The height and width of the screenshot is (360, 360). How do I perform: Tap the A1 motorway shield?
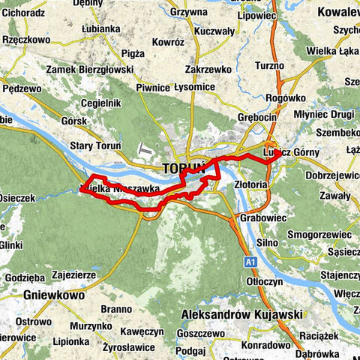pyautogui.click(x=250, y=262)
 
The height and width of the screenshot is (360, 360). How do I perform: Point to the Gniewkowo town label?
pyautogui.click(x=52, y=295)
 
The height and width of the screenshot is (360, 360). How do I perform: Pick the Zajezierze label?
pyautogui.click(x=73, y=275)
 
